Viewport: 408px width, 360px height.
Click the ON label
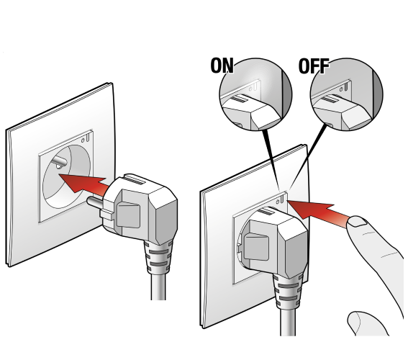tap(222, 66)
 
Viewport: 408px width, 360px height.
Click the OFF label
tap(314, 66)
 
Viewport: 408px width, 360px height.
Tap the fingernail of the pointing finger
tap(357, 222)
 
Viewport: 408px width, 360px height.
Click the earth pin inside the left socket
tap(59, 162)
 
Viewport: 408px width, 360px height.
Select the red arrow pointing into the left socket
tap(83, 184)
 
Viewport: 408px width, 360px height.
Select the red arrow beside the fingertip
tap(318, 212)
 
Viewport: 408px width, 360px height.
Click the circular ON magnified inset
tap(255, 94)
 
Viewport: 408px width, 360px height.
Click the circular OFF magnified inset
tap(347, 94)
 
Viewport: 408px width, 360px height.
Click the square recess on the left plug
tap(128, 216)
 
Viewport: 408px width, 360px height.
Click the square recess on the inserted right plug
tap(256, 247)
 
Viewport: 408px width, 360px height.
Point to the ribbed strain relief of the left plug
tap(158, 257)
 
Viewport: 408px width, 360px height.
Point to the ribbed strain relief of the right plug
tap(288, 291)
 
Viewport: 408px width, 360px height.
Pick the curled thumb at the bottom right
tap(368, 323)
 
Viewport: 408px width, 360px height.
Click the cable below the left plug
tap(158, 287)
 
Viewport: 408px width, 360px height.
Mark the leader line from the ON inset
tap(271, 161)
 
